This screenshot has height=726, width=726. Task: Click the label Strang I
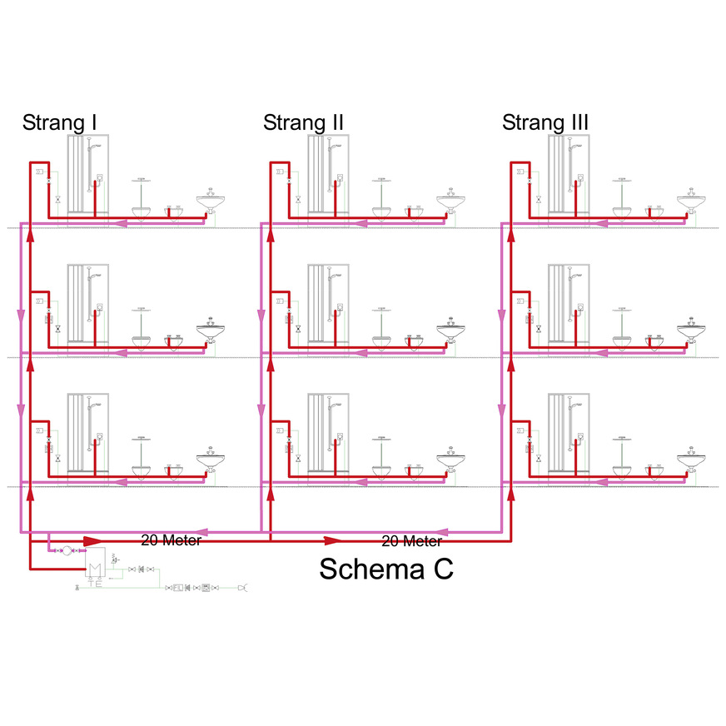[x=60, y=123]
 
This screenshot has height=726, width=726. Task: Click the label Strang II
[x=303, y=123]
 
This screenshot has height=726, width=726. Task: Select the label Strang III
[x=545, y=123]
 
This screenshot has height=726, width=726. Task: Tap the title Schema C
[x=386, y=569]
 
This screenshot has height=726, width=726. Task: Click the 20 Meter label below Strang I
[x=171, y=540]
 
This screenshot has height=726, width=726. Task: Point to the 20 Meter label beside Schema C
[x=411, y=541]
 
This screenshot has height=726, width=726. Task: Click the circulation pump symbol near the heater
[x=67, y=550]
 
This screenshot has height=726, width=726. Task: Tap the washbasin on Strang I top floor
[x=211, y=201]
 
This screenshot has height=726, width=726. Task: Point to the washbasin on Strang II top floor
[x=450, y=201]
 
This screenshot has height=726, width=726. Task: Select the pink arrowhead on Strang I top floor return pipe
[x=121, y=222]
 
